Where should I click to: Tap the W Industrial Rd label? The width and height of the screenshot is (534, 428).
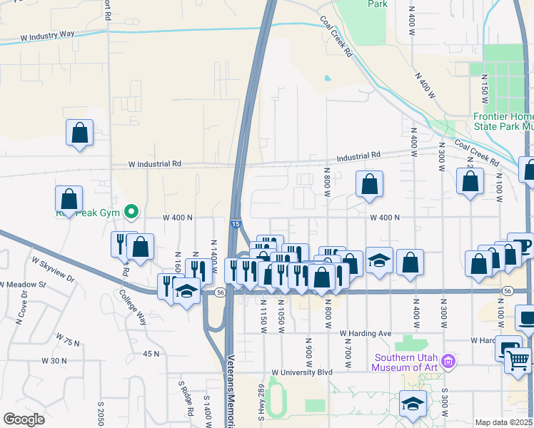coord(155,163)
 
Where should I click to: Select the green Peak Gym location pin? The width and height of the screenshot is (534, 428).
coord(131,212)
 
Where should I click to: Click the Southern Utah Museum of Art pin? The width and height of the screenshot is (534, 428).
coord(448,361)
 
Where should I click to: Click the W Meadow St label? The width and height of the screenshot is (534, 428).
coord(22,285)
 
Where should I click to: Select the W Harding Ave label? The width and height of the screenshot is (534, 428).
coord(366,333)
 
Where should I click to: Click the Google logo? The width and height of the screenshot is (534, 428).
coord(24,419)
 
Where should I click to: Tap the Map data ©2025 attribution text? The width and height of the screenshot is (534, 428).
coord(503,422)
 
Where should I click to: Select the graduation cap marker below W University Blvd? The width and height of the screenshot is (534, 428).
coord(412,404)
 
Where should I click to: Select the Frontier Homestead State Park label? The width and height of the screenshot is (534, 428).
coord(504,121)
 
